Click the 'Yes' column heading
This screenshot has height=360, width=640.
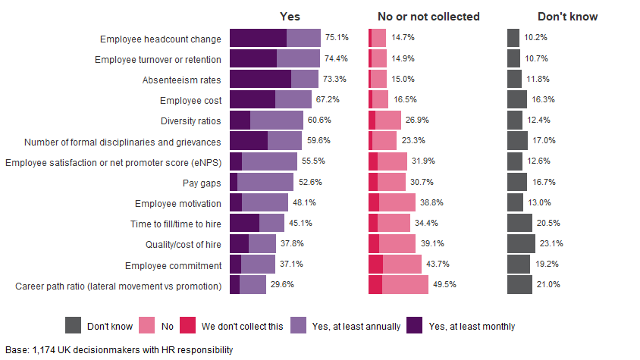tap(290, 17)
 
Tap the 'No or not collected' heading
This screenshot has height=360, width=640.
tap(428, 17)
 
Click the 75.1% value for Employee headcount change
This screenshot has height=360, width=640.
tap(337, 37)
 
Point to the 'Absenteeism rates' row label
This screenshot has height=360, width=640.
tap(182, 79)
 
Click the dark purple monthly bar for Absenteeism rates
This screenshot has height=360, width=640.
tap(260, 79)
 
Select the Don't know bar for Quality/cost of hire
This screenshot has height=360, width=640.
tap(521, 243)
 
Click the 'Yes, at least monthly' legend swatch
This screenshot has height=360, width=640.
tap(415, 326)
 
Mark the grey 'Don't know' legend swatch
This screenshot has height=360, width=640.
tap(73, 326)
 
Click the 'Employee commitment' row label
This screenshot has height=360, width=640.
tap(174, 265)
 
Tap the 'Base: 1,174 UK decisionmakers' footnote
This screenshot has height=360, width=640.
tap(119, 349)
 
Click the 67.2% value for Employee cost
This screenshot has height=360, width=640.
tap(328, 99)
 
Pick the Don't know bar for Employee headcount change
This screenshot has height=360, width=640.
tap(513, 37)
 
